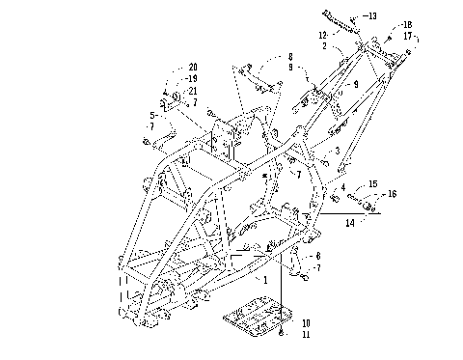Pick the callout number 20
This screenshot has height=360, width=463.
click(193, 67)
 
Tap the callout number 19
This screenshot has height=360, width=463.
click(193, 79)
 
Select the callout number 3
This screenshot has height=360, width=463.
click(337, 152)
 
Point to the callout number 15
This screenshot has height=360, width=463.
click(372, 183)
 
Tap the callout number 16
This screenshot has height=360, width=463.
click(392, 194)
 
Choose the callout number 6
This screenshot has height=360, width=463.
click(319, 255)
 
